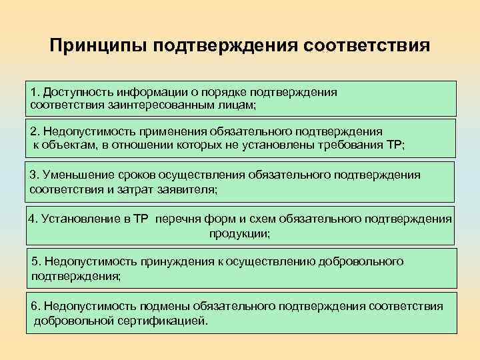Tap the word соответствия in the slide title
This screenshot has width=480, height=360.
(x=367, y=47)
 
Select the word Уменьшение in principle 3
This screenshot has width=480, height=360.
(x=74, y=175)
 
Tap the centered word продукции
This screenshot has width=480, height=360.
(x=239, y=233)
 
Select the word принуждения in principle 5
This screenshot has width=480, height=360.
(x=173, y=261)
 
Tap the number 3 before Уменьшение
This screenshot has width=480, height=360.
(x=33, y=175)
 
